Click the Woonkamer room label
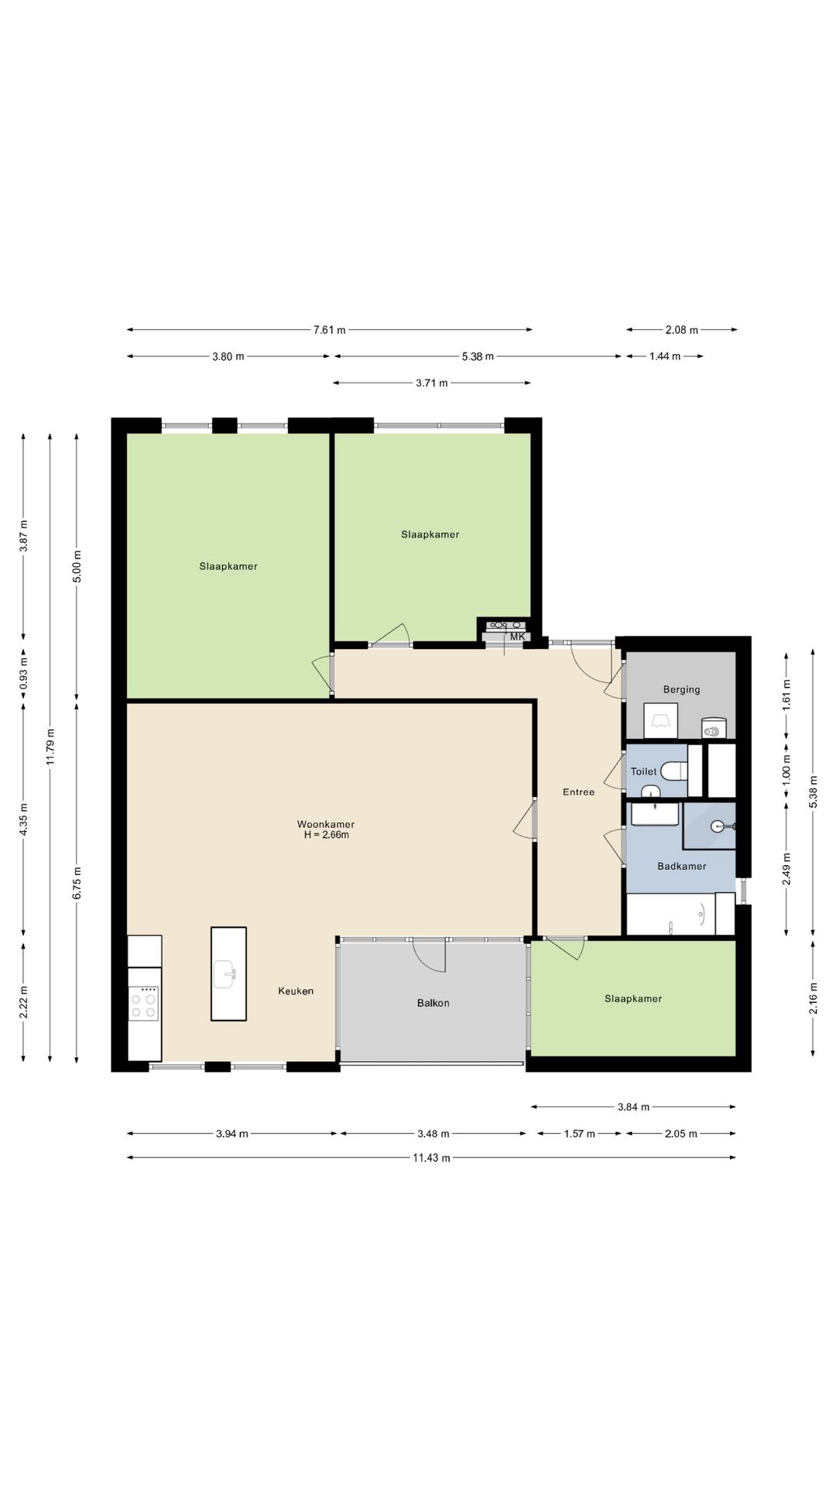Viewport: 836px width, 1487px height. click(x=326, y=824)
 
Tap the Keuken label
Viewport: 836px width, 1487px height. click(x=296, y=991)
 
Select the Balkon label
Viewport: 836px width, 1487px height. click(x=433, y=1003)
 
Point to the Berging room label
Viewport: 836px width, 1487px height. click(x=681, y=689)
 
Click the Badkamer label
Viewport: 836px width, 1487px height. click(x=682, y=866)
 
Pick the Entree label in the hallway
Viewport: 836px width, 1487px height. click(x=579, y=792)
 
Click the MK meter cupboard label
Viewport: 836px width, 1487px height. click(x=517, y=637)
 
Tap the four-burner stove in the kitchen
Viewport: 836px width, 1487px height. click(x=144, y=1004)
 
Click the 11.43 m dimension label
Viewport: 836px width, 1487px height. click(x=432, y=1158)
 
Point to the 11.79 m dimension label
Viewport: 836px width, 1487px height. click(x=50, y=747)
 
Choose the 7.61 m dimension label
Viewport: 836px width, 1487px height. click(x=330, y=330)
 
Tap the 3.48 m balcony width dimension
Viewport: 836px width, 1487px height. click(x=433, y=1134)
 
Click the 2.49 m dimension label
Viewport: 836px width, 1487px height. click(x=786, y=868)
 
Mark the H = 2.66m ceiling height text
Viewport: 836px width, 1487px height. click(x=327, y=835)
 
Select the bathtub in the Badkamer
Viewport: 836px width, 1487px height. click(x=680, y=914)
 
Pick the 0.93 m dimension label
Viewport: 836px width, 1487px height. click(x=24, y=673)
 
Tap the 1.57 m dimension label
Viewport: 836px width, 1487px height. click(x=579, y=1134)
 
